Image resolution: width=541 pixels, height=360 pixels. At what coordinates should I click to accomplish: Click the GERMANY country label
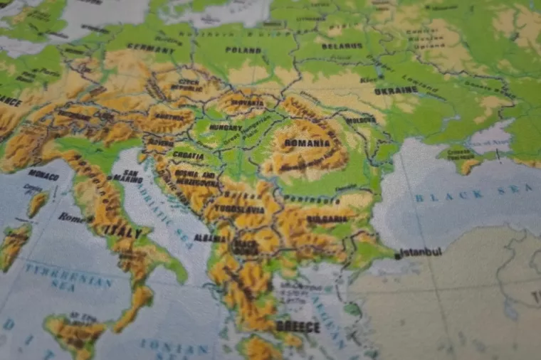(149, 48)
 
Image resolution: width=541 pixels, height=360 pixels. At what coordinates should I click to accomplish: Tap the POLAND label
(243, 50)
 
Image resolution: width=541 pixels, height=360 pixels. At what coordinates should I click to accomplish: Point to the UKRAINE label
(395, 91)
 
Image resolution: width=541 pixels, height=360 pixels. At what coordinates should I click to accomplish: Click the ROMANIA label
(307, 142)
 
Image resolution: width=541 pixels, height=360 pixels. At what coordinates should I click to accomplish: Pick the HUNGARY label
(226, 127)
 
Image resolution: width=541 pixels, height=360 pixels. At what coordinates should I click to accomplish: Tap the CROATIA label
(188, 156)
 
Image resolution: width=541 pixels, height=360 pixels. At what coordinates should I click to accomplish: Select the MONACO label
(43, 174)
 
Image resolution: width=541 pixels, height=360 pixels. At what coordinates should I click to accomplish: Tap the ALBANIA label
(211, 238)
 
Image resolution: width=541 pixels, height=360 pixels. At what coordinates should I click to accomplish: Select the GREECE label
(298, 327)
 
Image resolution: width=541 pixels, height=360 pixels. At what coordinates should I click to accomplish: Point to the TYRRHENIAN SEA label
(68, 276)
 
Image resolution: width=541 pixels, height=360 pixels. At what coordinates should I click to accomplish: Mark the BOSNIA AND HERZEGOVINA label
(186, 177)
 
